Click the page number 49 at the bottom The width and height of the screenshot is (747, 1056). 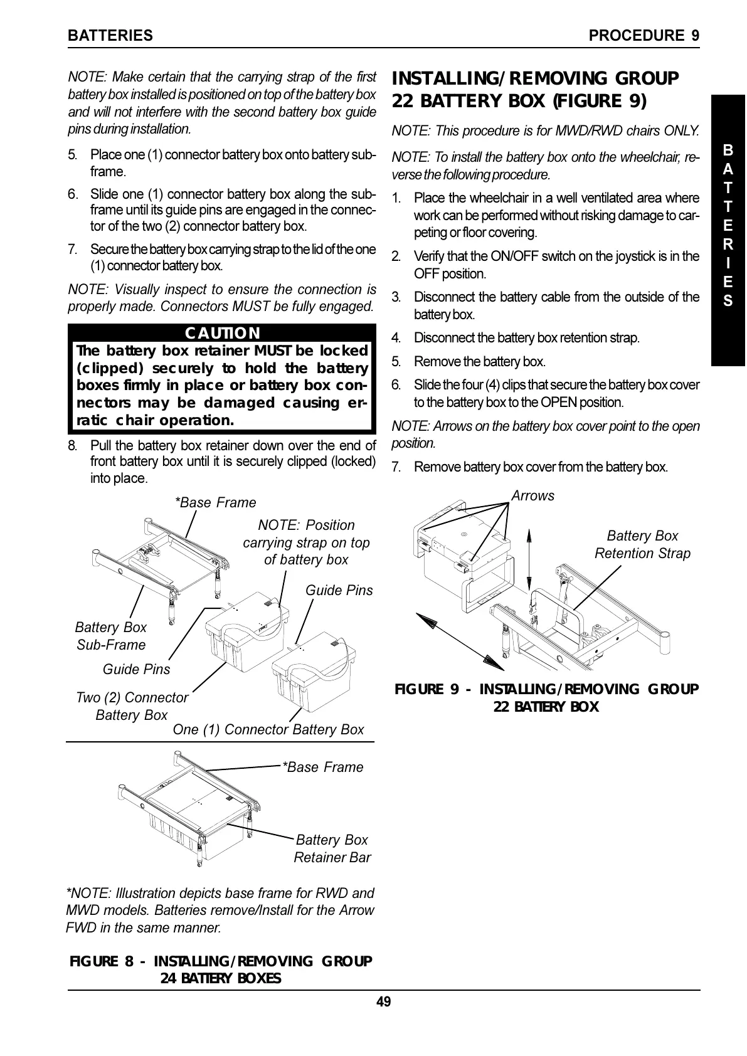pos(383,1001)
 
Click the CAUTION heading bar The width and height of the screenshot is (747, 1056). pos(222,333)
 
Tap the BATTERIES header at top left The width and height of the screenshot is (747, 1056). pos(110,36)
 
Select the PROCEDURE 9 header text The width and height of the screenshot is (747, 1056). pos(644,36)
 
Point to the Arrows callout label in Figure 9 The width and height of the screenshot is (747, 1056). pos(532,495)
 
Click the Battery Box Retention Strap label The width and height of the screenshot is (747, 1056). pos(642,544)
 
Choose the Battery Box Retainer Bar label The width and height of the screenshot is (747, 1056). pos(332,848)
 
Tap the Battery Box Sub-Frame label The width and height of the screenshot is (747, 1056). pos(110,636)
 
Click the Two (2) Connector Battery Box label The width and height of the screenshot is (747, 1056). pos(132,706)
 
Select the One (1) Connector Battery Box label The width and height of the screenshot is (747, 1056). pos(268,729)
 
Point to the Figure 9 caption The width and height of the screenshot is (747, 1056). pos(546,698)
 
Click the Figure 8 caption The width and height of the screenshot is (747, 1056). pos(221,969)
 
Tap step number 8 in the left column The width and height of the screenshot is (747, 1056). pos(73,446)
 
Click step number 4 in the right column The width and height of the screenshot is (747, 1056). pos(396,339)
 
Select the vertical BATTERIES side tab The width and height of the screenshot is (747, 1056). pos(728,226)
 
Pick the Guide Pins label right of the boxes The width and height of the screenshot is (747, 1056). pos(339,590)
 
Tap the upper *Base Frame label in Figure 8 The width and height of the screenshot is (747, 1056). pos(215,502)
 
